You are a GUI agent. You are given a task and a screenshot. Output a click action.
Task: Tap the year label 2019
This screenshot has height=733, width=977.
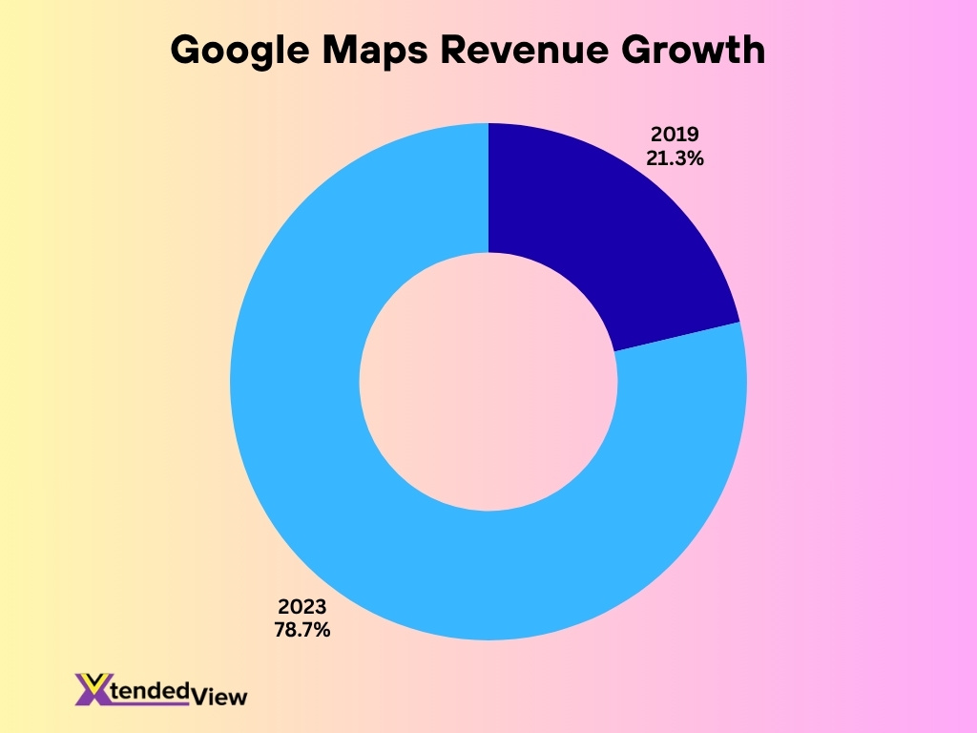pos(676,137)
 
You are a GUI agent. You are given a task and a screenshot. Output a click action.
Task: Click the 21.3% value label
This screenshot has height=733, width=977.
pos(676,159)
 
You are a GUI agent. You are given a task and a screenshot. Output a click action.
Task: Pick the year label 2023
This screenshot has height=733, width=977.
pos(302,607)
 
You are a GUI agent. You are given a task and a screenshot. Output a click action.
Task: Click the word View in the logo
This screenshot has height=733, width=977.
pos(218,697)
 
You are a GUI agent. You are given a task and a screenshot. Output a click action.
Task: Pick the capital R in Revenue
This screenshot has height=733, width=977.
pos(455,51)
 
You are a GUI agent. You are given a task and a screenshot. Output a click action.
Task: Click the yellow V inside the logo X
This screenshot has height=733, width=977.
pos(94,681)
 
